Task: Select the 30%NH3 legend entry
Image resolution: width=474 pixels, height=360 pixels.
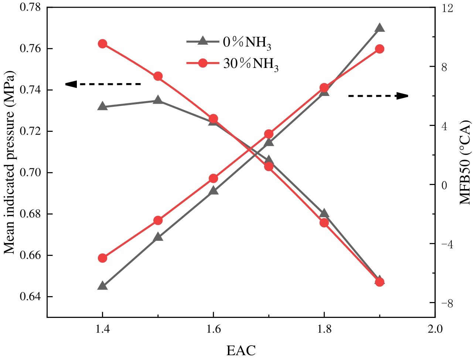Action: coord(233,64)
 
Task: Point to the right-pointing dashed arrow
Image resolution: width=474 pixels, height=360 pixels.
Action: coord(378,96)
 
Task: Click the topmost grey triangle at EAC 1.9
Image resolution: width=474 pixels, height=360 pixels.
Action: coord(379,28)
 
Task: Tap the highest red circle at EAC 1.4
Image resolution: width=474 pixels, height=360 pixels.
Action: coord(103,44)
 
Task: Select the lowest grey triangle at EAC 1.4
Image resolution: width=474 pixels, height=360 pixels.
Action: coord(103,286)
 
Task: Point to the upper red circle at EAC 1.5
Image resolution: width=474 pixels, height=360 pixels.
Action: coord(158,76)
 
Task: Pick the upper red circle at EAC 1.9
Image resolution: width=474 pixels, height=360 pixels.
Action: coord(379,49)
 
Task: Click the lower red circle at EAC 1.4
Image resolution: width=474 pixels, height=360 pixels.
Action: coord(103,258)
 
